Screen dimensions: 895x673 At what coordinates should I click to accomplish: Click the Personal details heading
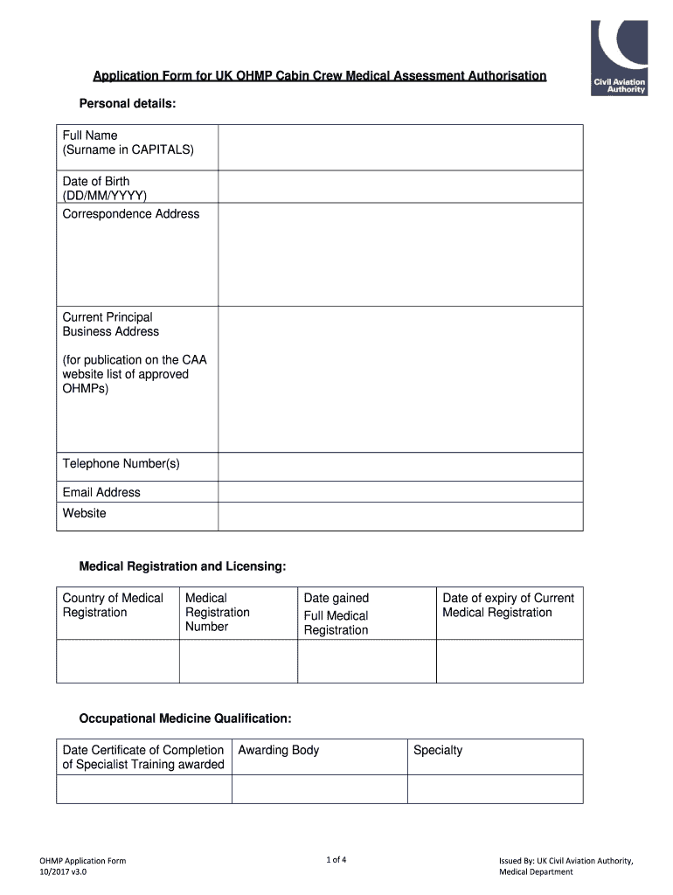coord(128,104)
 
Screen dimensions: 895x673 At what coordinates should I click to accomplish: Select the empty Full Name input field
coord(399,147)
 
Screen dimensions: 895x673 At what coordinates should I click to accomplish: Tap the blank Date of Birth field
coord(399,186)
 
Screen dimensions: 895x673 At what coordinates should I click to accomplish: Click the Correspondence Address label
coord(131,214)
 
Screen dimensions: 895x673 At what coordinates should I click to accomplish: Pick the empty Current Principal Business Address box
coord(399,378)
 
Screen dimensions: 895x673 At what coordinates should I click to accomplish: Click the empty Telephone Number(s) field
coord(399,467)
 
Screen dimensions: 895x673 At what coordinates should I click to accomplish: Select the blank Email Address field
coord(399,492)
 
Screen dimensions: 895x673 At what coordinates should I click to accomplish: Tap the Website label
coord(85,513)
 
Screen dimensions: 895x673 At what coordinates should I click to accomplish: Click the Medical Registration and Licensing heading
coord(183,567)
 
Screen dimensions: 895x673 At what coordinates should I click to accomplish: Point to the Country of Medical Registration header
coord(113,605)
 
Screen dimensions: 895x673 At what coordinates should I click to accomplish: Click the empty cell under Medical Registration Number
coord(238,661)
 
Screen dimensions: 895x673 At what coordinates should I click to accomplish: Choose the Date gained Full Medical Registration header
coord(336,614)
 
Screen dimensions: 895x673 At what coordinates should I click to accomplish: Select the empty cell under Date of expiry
coord(509,661)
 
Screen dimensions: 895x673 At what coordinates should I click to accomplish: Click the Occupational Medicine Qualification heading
coord(185,718)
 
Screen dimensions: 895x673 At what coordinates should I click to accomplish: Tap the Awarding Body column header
coord(279,750)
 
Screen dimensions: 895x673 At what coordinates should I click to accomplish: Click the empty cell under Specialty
coord(495,789)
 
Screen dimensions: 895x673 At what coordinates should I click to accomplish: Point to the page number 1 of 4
coord(336,859)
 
